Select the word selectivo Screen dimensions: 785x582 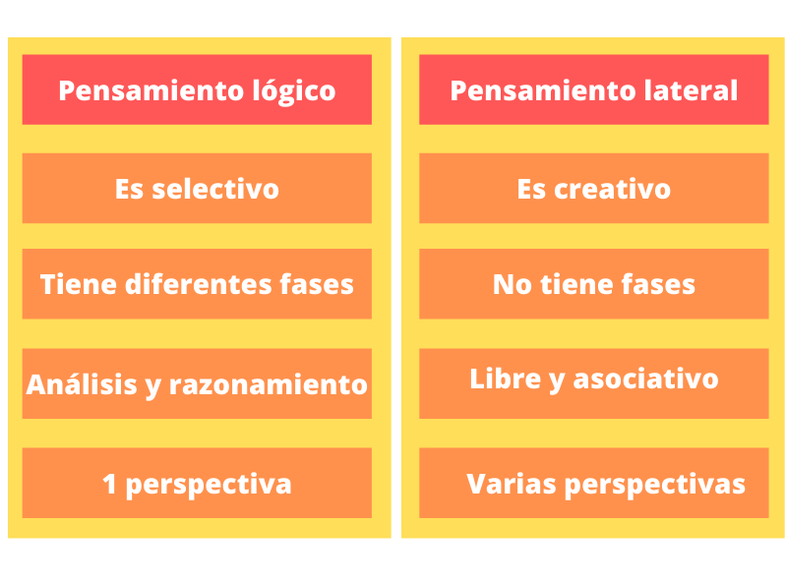point(215,189)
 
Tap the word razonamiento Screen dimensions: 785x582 point(269,384)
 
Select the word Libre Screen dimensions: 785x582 point(506,378)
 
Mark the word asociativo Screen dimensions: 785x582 point(646,378)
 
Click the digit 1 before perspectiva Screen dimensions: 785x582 point(109,484)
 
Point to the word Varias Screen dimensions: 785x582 point(512,484)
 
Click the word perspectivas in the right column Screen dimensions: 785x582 point(655,486)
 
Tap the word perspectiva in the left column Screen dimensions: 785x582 point(209,486)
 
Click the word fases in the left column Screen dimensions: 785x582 point(317,284)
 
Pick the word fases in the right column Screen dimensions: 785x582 point(658,284)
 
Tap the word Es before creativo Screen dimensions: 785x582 point(531,189)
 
